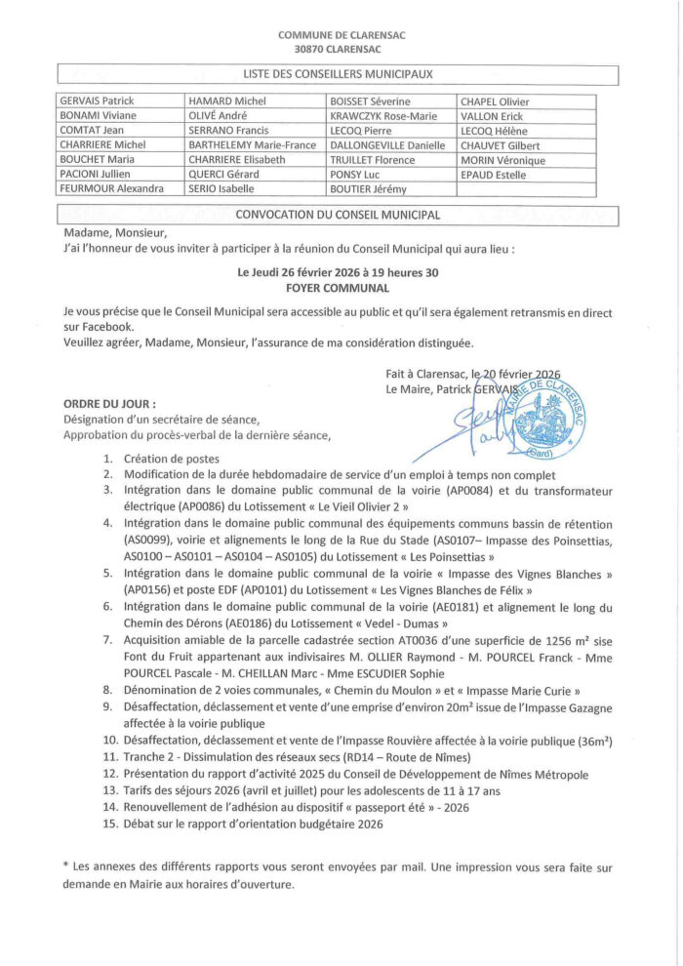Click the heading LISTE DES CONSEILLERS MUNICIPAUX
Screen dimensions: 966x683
click(338, 73)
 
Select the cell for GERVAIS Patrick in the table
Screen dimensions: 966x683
click(98, 101)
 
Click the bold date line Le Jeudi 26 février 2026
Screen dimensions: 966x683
click(338, 273)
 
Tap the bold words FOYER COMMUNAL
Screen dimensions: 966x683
click(338, 288)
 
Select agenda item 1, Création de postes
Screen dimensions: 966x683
click(171, 458)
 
